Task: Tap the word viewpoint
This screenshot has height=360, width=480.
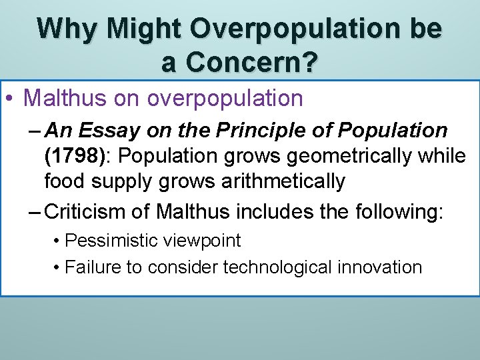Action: coord(203,241)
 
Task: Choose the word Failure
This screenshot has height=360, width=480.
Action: coord(93,267)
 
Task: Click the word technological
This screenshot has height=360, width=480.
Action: coord(280,267)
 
